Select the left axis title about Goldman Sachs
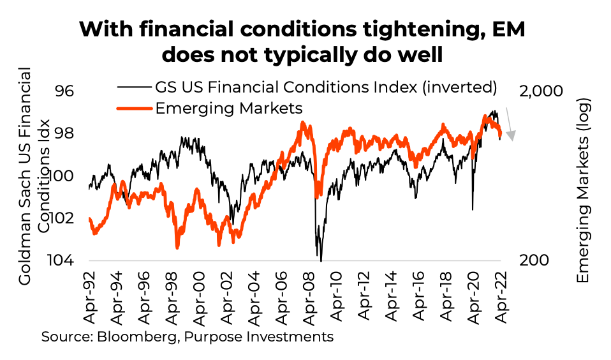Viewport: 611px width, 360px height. [34, 176]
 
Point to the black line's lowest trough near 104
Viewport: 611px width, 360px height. [321, 260]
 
